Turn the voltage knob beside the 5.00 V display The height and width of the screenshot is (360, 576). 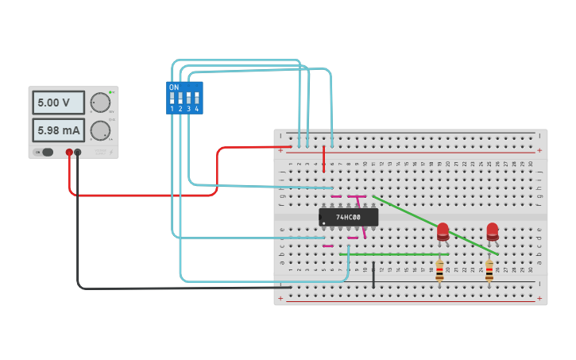coord(99,103)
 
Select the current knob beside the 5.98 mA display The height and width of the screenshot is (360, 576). coord(99,130)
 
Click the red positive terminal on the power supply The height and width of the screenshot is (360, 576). coord(69,152)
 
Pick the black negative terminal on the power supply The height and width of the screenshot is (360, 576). coord(78,152)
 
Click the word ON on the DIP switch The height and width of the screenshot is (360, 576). coord(174,87)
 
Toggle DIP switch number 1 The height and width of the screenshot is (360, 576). coord(172,100)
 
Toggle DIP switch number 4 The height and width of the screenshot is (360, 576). coord(196,100)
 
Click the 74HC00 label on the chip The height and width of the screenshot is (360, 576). coord(348,217)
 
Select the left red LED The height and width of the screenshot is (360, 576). coord(443,230)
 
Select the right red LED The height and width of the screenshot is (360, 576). coord(493,230)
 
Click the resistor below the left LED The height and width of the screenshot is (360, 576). coord(439,270)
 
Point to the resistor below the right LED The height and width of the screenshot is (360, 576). coord(489,270)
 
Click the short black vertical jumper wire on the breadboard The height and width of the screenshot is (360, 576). coord(373,273)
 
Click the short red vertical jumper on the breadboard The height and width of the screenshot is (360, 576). coord(324,159)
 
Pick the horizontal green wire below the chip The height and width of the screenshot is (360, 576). coord(397,254)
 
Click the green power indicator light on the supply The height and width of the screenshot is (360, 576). coord(112,93)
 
